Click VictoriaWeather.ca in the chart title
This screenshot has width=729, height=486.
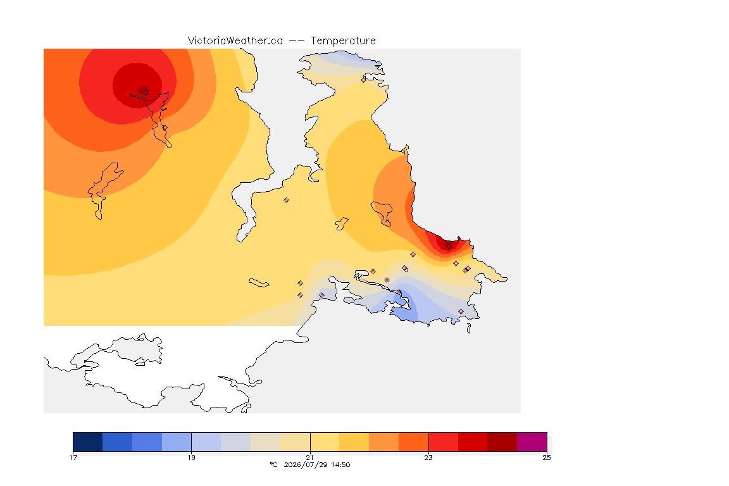235,41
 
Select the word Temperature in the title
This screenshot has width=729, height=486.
343,41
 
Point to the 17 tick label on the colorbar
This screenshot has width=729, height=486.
73,458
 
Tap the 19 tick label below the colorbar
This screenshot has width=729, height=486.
191,458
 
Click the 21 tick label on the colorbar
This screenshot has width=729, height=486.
309,458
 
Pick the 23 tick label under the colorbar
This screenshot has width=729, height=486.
428,458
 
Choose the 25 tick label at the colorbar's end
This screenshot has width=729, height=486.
547,458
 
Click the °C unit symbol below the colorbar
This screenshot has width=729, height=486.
273,464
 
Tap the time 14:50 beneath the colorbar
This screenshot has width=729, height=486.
341,464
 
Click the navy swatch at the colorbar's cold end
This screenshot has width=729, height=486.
88,442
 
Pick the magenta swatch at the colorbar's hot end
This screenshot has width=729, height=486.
532,442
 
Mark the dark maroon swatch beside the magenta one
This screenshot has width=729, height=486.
502,442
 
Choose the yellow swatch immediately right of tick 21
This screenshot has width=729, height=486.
325,442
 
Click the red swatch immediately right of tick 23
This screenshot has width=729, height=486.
443,442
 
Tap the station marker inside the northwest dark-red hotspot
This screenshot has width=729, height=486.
146,92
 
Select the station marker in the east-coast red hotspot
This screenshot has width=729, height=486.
449,247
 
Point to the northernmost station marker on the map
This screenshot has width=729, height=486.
364,80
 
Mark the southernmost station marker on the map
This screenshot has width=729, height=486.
461,311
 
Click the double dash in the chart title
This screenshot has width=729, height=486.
297,41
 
